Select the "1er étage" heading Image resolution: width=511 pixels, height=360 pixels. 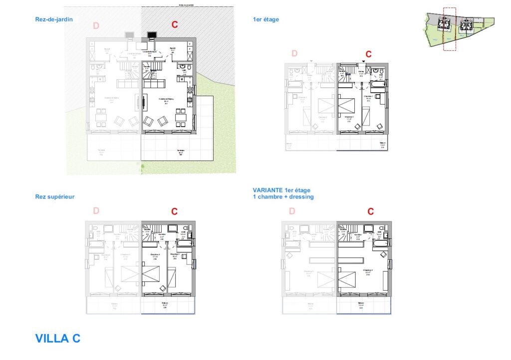coord(266,19)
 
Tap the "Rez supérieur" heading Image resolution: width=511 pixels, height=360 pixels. coord(55,196)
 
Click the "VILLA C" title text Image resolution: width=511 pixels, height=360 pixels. coord(57,338)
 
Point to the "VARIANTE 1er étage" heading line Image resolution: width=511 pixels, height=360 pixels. coord(281,190)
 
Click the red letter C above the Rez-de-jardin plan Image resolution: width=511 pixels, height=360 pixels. coord(175,24)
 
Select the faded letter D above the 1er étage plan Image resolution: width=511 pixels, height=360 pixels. coord(294,53)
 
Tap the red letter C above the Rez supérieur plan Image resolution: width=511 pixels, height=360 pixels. coord(174,211)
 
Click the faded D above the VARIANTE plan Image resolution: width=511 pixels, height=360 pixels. coord(292,211)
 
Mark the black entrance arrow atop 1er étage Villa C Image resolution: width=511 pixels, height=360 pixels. coord(363,61)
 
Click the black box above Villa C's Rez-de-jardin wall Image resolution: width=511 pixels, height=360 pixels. coord(151,35)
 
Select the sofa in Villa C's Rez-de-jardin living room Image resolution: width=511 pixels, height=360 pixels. coord(154,83)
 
